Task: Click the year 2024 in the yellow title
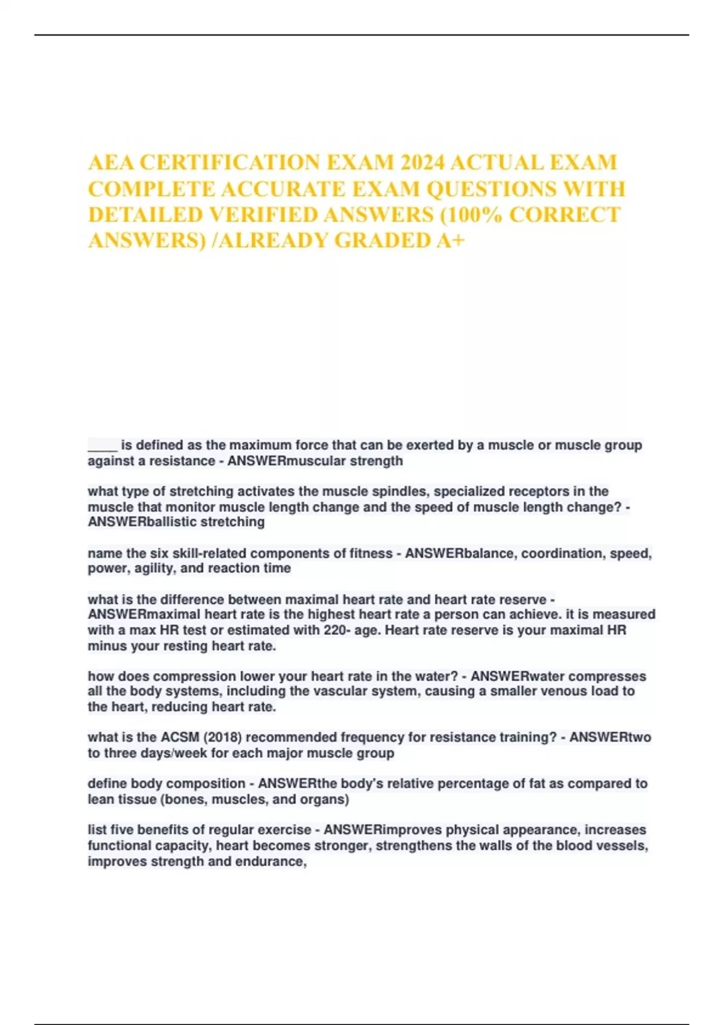[x=422, y=163]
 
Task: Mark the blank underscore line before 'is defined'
[x=102, y=446]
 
